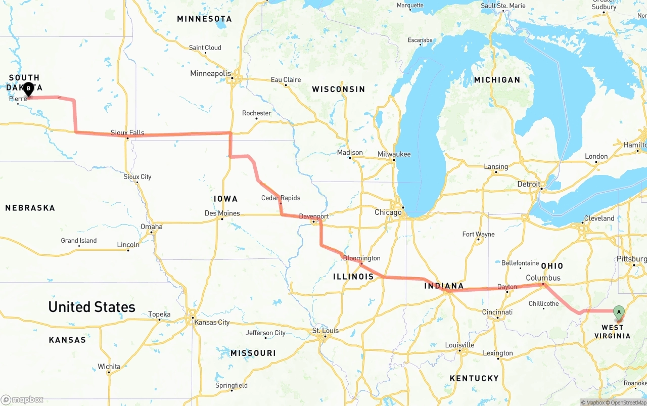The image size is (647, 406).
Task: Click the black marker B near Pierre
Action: pyautogui.click(x=29, y=89)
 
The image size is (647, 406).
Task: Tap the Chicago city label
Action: pyautogui.click(x=388, y=212)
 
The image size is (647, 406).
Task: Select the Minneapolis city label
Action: pyautogui.click(x=210, y=74)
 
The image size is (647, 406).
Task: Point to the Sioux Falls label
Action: pyautogui.click(x=127, y=133)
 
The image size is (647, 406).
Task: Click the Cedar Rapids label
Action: pyautogui.click(x=281, y=198)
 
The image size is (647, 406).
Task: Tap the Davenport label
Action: pyautogui.click(x=313, y=216)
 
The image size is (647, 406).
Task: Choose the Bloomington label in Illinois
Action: pyautogui.click(x=361, y=258)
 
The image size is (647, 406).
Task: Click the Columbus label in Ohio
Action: pyautogui.click(x=543, y=278)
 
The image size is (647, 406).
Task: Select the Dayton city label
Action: pyautogui.click(x=507, y=287)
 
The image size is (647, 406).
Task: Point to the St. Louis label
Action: pyautogui.click(x=326, y=331)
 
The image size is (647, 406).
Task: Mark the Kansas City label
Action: pyautogui.click(x=212, y=323)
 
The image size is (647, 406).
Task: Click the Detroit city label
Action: pyautogui.click(x=529, y=185)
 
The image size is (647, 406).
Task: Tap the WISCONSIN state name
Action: pyautogui.click(x=338, y=89)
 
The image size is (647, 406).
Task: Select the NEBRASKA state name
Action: pyautogui.click(x=30, y=208)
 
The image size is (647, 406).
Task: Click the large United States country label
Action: pyautogui.click(x=91, y=307)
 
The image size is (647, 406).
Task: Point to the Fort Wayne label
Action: pyautogui.click(x=478, y=234)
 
